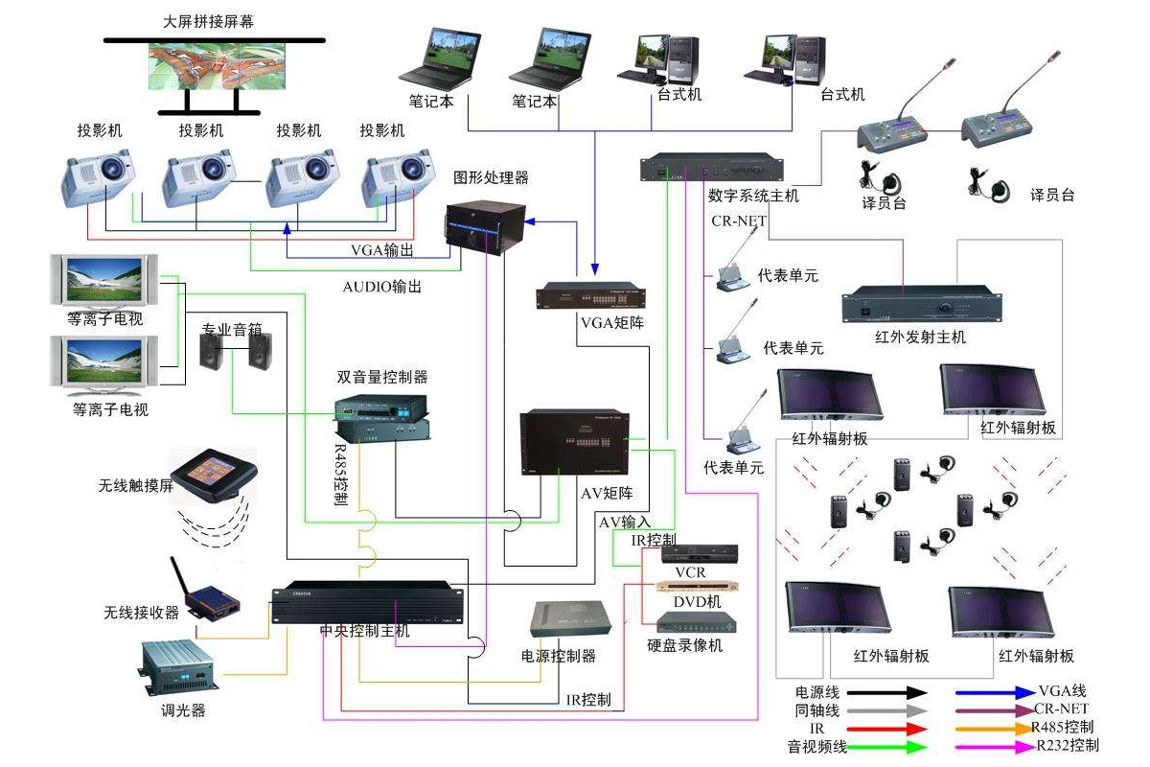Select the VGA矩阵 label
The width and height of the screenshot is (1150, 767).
[x=611, y=322]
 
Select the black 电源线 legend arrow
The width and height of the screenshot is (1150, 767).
[x=886, y=691]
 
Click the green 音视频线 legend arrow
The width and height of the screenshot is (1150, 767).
[x=886, y=746]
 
